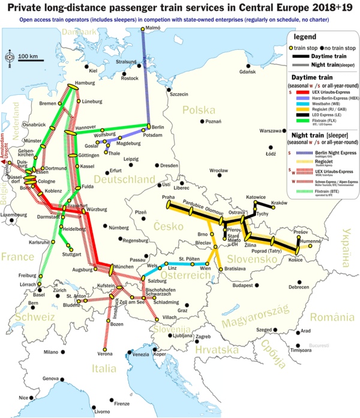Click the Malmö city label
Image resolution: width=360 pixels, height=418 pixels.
coord(153,28)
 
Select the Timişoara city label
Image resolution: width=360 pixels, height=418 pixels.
coord(301,350)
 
